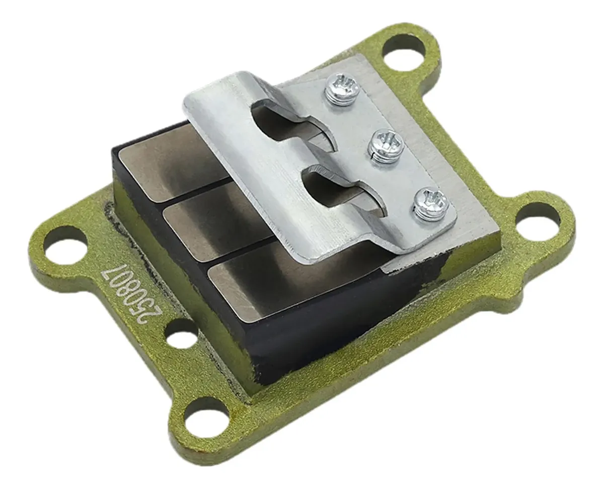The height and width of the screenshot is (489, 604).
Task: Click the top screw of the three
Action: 343,89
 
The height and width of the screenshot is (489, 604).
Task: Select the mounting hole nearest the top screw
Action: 404,52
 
